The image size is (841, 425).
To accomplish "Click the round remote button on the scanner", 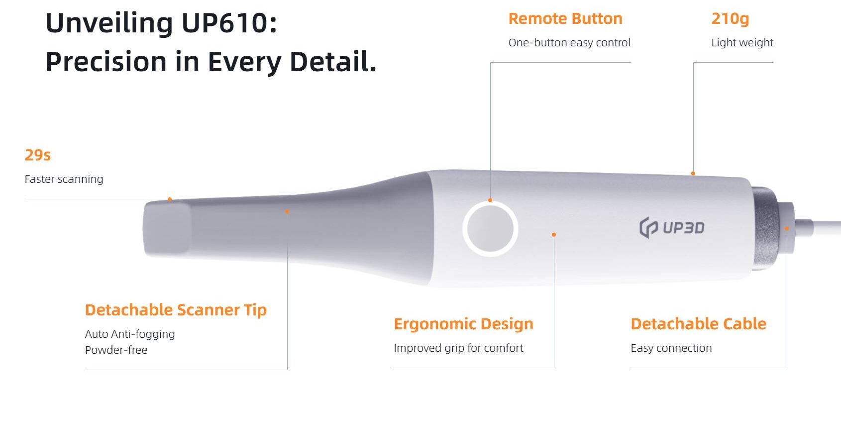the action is coord(490,229).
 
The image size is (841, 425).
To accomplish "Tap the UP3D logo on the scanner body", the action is coord(672,227).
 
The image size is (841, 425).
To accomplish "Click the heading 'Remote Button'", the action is coord(565,18).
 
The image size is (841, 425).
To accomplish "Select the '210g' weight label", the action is coord(730,19).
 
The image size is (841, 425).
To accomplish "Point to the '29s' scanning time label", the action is coord(37,155).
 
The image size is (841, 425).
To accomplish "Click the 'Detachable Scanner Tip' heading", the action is coord(176,310).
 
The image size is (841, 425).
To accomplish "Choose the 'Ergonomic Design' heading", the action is coord(464,324).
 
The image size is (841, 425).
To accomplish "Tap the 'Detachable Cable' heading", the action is coord(698,324).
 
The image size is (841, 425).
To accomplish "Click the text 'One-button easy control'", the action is coord(570,42).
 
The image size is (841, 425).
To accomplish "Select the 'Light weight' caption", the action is coord(742,43).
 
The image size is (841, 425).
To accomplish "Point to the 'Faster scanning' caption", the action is coord(64,179).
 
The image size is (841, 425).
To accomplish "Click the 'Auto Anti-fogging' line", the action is coord(130,334).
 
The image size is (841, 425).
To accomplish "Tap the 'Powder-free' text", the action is coord(116,350).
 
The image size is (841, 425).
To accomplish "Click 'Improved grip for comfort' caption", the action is coord(458,348).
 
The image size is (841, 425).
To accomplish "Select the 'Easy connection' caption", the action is coord(671,348).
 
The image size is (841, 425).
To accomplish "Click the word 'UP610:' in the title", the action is coord(229,23).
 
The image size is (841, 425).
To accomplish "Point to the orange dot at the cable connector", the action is coord(787,229).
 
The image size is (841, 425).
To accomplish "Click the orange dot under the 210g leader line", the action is coord(693,173).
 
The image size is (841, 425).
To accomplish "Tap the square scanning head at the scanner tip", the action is coord(167,228).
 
